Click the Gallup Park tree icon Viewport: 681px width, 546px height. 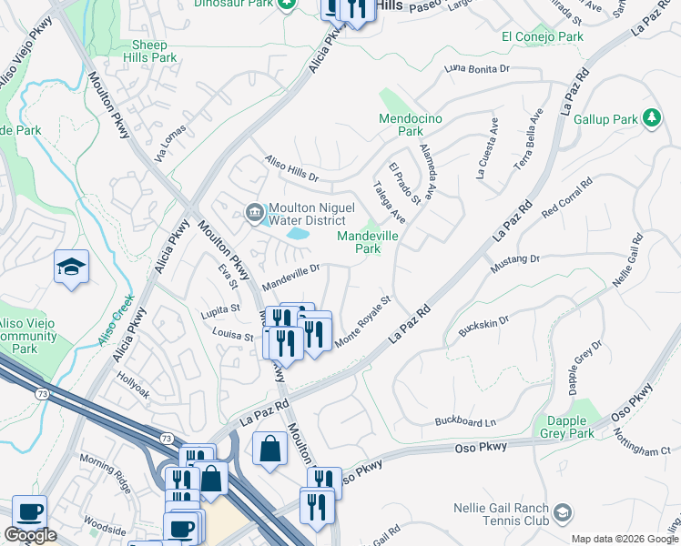pyautogui.click(x=651, y=118)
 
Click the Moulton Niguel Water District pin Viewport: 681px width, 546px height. pyautogui.click(x=255, y=213)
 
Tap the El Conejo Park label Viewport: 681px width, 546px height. pyautogui.click(x=542, y=37)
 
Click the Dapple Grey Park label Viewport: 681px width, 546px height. pyautogui.click(x=570, y=428)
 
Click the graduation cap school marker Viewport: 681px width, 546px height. pyautogui.click(x=71, y=267)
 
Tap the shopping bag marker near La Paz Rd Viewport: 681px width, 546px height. pyautogui.click(x=270, y=448)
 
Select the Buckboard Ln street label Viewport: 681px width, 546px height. pyautogui.click(x=465, y=422)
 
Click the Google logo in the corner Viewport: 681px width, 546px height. pyautogui.click(x=30, y=535)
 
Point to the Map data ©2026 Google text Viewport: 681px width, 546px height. pyautogui.click(x=624, y=539)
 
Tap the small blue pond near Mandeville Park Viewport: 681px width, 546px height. pyautogui.click(x=297, y=234)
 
